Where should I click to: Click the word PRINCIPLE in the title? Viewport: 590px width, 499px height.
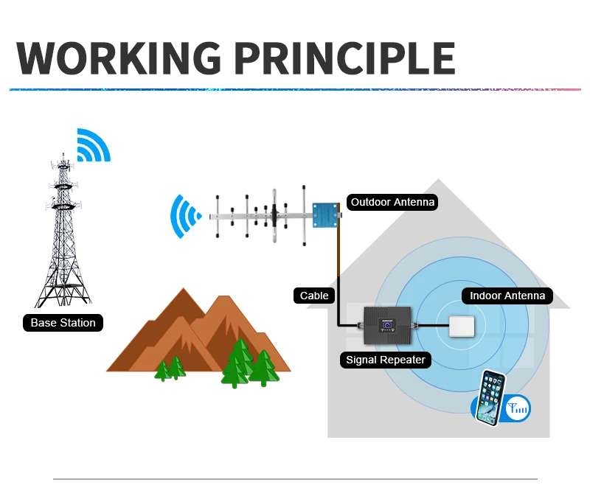[336, 57]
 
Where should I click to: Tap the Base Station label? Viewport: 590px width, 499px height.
[63, 323]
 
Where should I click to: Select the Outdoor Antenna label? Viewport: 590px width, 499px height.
[392, 202]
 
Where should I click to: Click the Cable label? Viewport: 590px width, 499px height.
[314, 296]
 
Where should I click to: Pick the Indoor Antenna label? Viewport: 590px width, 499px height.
[507, 296]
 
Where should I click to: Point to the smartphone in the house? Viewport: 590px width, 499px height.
[492, 397]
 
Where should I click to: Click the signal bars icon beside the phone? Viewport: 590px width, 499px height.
[518, 407]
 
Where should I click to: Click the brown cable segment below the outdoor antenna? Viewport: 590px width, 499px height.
[338, 258]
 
